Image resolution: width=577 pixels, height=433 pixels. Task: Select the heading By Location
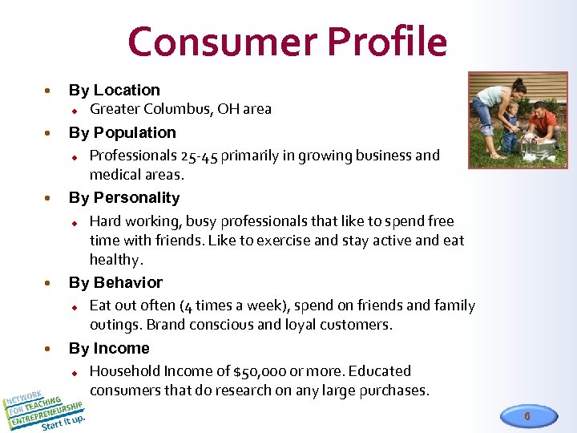tap(115, 91)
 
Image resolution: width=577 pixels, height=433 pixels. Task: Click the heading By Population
tap(122, 133)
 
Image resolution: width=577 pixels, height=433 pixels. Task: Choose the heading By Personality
tap(124, 198)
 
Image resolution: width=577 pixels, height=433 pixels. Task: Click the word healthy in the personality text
tap(115, 260)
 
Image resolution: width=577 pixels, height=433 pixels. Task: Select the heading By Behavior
tap(115, 283)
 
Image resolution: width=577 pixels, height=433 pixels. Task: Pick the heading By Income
tap(109, 349)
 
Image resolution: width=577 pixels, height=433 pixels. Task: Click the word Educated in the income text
tap(381, 371)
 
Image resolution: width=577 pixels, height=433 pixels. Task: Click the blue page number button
tap(527, 416)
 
